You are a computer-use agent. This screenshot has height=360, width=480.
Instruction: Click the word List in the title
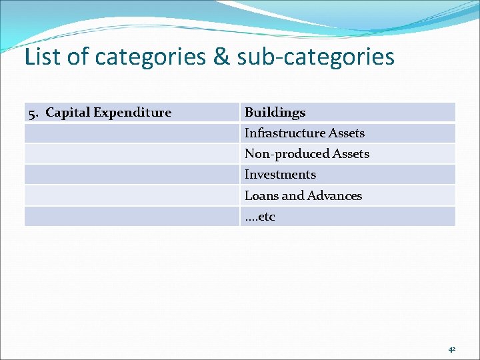coord(43,57)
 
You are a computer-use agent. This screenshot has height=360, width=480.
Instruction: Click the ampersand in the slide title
coord(221,57)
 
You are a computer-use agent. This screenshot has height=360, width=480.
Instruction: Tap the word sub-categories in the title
coord(315,57)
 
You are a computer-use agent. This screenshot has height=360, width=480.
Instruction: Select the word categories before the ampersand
coord(151,57)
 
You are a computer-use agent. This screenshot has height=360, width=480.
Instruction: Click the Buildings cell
coord(275,113)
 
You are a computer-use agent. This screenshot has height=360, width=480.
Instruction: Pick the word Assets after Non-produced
coord(352,154)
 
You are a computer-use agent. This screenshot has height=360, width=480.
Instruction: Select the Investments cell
coord(280,175)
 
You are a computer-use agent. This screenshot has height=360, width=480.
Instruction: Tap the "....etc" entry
coord(259,217)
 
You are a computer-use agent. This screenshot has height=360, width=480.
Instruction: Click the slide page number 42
coord(451,349)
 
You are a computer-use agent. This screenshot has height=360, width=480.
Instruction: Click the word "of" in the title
coord(77,57)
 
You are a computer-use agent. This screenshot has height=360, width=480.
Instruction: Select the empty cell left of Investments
coord(131,175)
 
